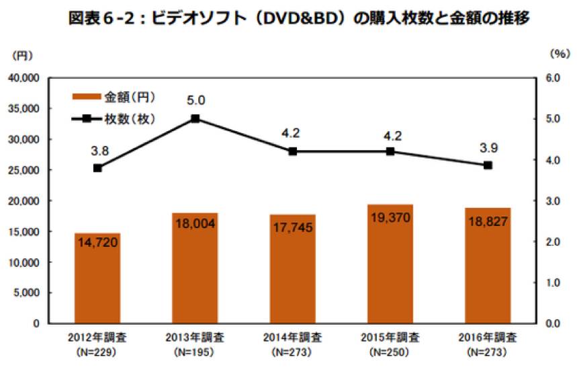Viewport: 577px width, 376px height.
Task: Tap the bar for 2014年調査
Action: point(292,268)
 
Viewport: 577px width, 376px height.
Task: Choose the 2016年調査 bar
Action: point(488,266)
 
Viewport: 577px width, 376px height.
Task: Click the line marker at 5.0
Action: point(195,118)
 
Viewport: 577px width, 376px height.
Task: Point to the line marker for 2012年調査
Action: point(97,168)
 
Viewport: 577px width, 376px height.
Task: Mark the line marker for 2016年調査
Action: point(488,165)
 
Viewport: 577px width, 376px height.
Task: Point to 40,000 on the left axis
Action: point(23,78)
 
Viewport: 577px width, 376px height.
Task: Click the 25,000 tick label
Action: point(23,170)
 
